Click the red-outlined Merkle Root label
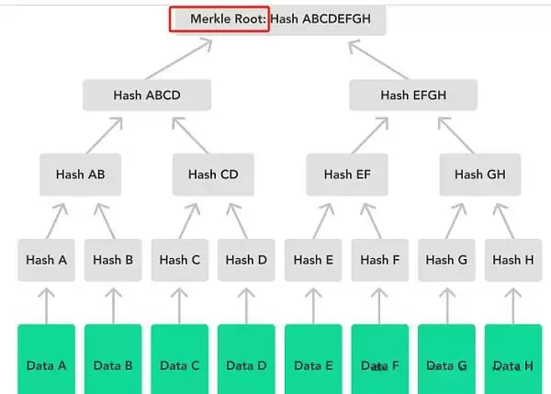point(219,19)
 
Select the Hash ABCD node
point(147,95)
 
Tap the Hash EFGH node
point(413,95)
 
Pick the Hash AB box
point(80,174)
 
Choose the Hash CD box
point(213,174)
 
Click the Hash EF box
point(347,174)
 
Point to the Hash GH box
point(479,174)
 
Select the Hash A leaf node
point(46,260)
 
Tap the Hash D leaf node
point(246,260)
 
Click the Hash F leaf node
point(379,260)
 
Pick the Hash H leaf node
point(512,260)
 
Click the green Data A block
point(46,365)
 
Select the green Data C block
point(179,365)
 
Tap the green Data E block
point(313,365)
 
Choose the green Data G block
point(446,365)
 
